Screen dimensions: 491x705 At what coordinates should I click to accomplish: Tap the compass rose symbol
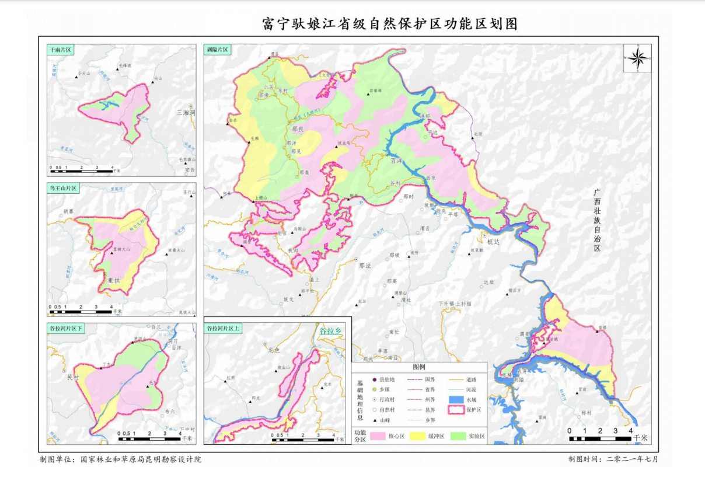coord(637,57)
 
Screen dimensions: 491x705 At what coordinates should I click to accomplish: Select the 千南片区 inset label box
coord(61,51)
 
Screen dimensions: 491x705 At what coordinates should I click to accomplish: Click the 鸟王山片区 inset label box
coord(63,189)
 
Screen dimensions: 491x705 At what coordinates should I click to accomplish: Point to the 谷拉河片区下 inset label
coord(67,329)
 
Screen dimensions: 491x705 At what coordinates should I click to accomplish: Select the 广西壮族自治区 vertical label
coord(596,220)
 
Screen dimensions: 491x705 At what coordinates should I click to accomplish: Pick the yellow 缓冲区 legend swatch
coord(419,436)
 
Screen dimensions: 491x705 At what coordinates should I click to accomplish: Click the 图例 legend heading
coord(419,367)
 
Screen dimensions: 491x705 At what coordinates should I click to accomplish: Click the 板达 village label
coord(494,242)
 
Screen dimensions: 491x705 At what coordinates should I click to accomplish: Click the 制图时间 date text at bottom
coord(613,459)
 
